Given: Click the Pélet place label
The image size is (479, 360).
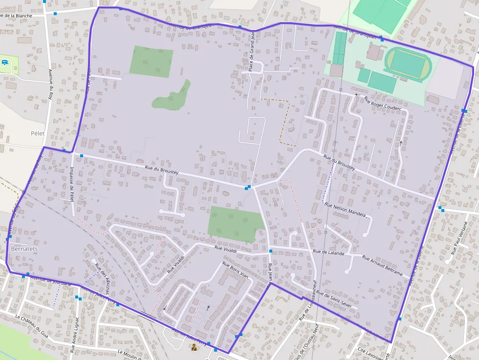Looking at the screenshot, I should coord(37,133).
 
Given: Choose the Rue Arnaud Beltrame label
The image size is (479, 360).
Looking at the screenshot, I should coord(383,264).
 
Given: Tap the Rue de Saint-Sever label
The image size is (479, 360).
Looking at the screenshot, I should coord(337,299).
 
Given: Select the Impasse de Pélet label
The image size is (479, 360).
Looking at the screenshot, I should coord(72,183).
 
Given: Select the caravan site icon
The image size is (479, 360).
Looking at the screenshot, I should coord(5,62).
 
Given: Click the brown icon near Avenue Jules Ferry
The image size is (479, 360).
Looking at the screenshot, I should coord(194,347).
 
